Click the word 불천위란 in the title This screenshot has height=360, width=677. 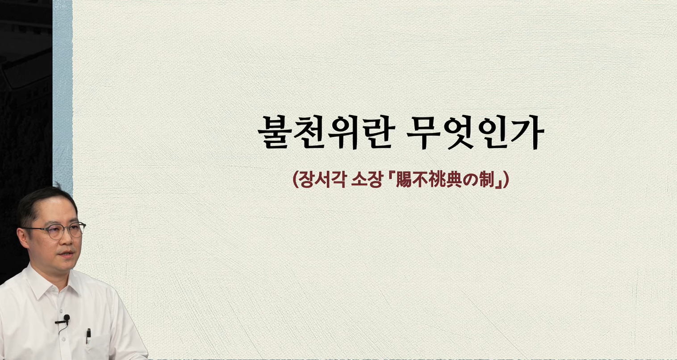click(x=326, y=132)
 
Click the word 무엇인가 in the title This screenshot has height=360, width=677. click(x=475, y=132)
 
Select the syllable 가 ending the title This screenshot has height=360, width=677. click(x=528, y=132)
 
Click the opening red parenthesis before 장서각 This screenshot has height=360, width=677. click(x=296, y=180)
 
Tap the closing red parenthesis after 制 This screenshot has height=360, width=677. click(x=506, y=180)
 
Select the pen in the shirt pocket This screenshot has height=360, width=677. click(x=88, y=335)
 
